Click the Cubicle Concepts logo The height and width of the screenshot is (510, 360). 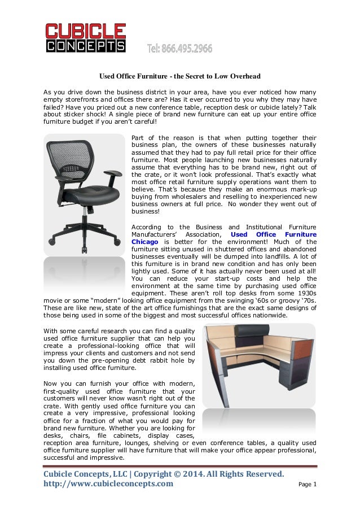85,38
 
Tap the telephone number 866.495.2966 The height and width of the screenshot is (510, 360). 179,49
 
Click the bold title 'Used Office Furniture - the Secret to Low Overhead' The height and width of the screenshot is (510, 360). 179,76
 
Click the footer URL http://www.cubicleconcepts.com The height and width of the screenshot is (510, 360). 109,484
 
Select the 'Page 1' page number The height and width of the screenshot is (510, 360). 307,485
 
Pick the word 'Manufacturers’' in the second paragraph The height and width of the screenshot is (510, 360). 156,234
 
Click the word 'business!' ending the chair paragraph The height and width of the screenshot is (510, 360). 146,212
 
